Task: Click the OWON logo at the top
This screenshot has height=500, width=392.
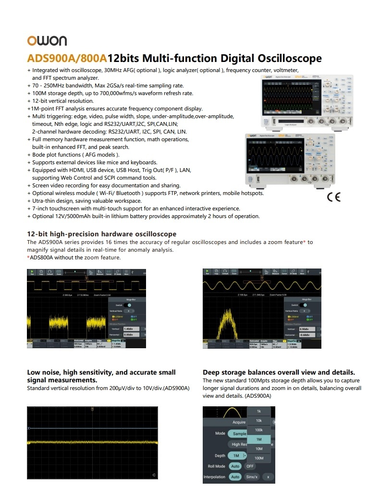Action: [x=47, y=41]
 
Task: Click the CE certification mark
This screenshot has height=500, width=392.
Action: [x=333, y=197]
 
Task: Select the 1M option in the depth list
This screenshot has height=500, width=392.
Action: [x=258, y=439]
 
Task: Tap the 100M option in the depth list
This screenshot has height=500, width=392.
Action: [x=258, y=458]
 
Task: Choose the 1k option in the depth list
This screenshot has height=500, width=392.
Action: [x=258, y=411]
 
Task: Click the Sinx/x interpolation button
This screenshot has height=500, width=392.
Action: [x=252, y=477]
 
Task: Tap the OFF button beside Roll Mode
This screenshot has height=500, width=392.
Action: [x=250, y=466]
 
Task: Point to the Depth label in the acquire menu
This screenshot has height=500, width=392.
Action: [x=220, y=455]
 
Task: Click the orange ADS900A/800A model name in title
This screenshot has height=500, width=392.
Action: [x=67, y=59]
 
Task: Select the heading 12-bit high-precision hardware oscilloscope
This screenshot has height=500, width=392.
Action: [x=101, y=234]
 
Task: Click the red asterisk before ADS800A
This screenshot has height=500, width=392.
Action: [x=28, y=257]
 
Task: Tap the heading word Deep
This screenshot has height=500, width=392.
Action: [x=212, y=372]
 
